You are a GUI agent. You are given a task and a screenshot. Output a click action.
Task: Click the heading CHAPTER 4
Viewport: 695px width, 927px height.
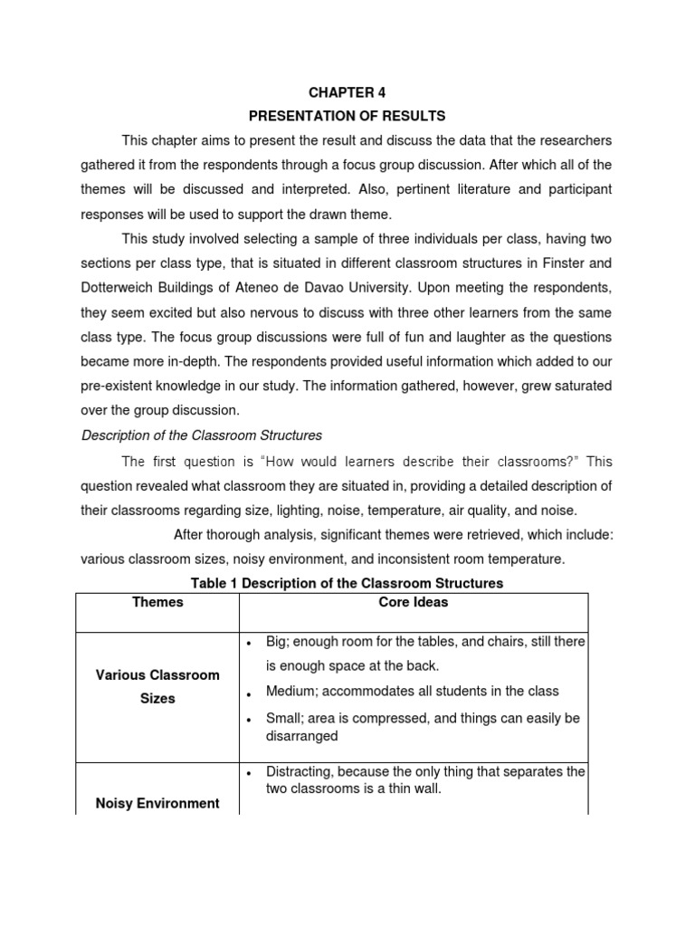point(340,92)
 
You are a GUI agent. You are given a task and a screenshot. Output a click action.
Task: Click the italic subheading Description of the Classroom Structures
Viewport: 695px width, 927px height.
point(202,435)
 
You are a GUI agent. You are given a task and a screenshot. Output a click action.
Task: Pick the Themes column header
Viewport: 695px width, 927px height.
point(157,602)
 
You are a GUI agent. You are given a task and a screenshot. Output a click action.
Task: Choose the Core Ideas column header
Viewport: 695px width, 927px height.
point(414,602)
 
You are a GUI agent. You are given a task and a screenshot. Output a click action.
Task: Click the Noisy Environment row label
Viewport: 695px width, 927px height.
point(157,803)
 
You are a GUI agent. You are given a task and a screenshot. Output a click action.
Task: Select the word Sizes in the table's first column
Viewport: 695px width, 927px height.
point(157,699)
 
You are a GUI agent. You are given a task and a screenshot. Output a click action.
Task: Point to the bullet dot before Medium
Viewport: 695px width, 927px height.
point(248,693)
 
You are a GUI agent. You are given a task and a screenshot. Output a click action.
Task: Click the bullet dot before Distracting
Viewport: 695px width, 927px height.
point(248,773)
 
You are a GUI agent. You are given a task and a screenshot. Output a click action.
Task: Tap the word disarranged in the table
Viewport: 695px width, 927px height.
point(301,736)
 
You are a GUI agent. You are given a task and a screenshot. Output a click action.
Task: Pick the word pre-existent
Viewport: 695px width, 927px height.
point(119,386)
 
